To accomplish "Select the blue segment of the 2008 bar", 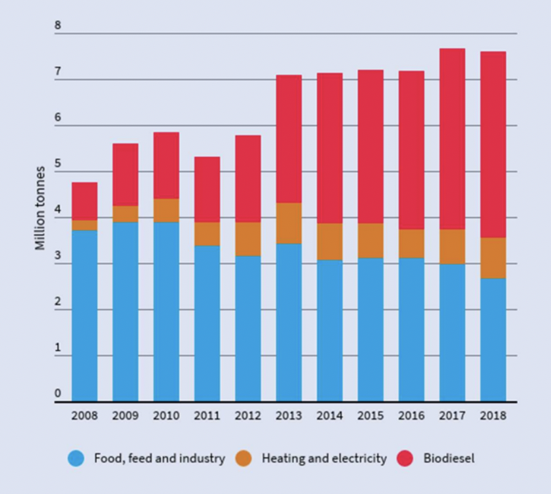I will click(x=84, y=316).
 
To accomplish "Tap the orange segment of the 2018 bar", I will click(x=493, y=258).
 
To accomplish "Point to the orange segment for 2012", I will click(x=248, y=239).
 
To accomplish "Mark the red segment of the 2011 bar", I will click(x=207, y=189).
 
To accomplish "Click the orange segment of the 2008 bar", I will click(x=84, y=225).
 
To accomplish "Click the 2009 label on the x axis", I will click(x=125, y=416).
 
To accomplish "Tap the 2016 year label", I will click(x=411, y=416).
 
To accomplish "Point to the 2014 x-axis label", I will click(x=329, y=416).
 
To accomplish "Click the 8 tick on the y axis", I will click(x=58, y=26).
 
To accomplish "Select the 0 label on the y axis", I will click(x=58, y=393).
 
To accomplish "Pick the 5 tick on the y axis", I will click(x=58, y=164).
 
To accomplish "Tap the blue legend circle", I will click(x=76, y=458).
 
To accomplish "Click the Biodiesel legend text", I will click(x=449, y=458).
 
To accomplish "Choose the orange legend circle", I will click(x=244, y=458).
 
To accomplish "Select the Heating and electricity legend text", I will click(x=324, y=458).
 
